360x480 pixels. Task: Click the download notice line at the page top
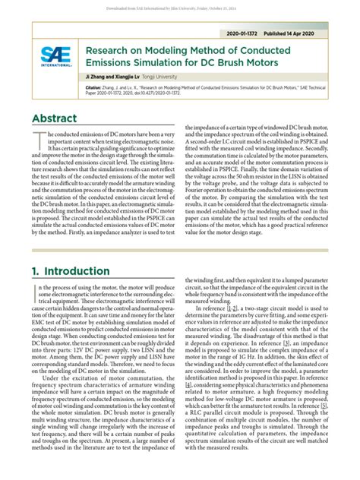click(x=179, y=5)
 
